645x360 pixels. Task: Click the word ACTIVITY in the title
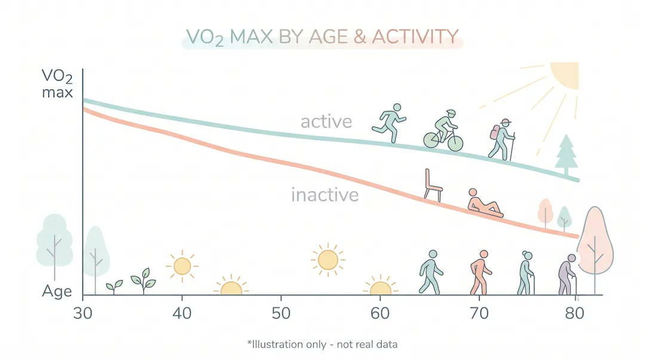[415, 37]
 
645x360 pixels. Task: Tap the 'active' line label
[326, 122]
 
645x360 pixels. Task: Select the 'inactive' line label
[325, 195]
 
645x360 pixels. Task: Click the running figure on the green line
[390, 122]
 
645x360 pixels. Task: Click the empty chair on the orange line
[432, 184]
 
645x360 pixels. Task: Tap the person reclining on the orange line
[484, 202]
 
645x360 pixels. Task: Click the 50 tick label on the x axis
[281, 312]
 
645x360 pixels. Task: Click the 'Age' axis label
[57, 292]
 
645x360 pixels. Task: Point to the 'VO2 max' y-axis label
[57, 84]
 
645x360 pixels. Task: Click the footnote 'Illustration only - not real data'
[322, 344]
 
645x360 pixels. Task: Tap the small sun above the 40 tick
[182, 266]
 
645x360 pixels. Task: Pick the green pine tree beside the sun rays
[566, 154]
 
